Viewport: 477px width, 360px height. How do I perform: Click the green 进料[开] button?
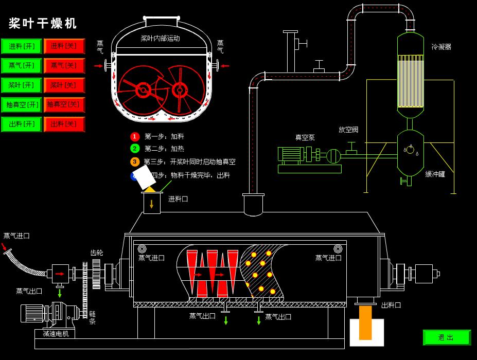pos(21,46)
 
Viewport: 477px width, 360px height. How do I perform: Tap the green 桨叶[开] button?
pos(21,85)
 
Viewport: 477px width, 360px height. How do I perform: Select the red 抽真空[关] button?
pos(64,104)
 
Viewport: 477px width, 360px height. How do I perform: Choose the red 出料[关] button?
pos(64,124)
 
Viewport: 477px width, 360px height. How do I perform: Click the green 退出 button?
pos(447,337)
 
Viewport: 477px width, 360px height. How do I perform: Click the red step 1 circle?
pos(135,136)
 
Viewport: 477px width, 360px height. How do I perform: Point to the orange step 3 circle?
pos(135,161)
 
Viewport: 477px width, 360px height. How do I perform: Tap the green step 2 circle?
pos(135,149)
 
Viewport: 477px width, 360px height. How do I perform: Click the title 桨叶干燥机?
pos(43,23)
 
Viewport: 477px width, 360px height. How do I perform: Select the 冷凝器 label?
pos(441,47)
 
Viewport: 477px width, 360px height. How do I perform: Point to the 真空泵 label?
pos(305,137)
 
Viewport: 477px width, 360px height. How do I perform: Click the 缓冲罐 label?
pos(435,174)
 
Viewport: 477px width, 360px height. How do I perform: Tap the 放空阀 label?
pos(348,130)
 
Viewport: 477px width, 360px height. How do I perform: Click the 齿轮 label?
pos(97,253)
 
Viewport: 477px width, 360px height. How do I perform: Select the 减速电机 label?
pos(55,334)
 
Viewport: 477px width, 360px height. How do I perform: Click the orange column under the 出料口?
pos(365,323)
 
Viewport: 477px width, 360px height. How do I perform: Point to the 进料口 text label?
pos(178,199)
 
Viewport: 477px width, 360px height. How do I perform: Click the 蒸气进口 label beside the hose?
pos(16,236)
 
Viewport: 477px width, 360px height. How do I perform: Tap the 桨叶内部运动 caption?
pos(160,38)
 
